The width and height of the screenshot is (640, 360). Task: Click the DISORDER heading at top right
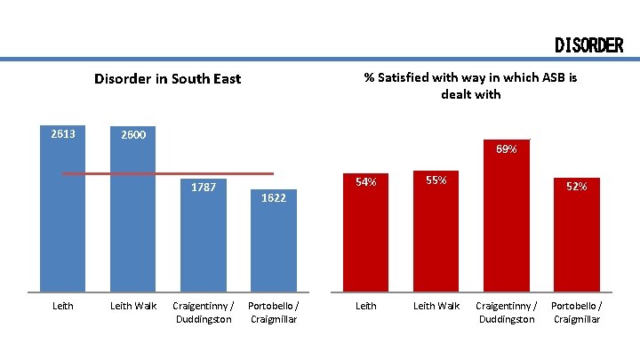pyautogui.click(x=588, y=45)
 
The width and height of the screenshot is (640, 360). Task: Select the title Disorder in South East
pyautogui.click(x=167, y=78)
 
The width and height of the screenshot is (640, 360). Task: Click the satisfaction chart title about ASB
pyautogui.click(x=470, y=85)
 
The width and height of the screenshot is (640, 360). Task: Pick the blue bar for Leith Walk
pyautogui.click(x=132, y=231)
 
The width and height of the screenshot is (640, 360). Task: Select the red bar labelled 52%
pyautogui.click(x=576, y=244)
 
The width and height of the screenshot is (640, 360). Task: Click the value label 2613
pyautogui.click(x=63, y=134)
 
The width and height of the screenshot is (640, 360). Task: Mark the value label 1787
pyautogui.click(x=204, y=187)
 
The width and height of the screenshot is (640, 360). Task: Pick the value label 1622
pyautogui.click(x=274, y=197)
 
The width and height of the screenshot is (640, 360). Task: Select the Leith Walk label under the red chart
pyautogui.click(x=436, y=306)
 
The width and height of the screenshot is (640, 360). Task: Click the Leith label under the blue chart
pyautogui.click(x=63, y=306)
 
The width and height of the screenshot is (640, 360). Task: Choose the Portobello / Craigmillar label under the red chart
pyautogui.click(x=576, y=312)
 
